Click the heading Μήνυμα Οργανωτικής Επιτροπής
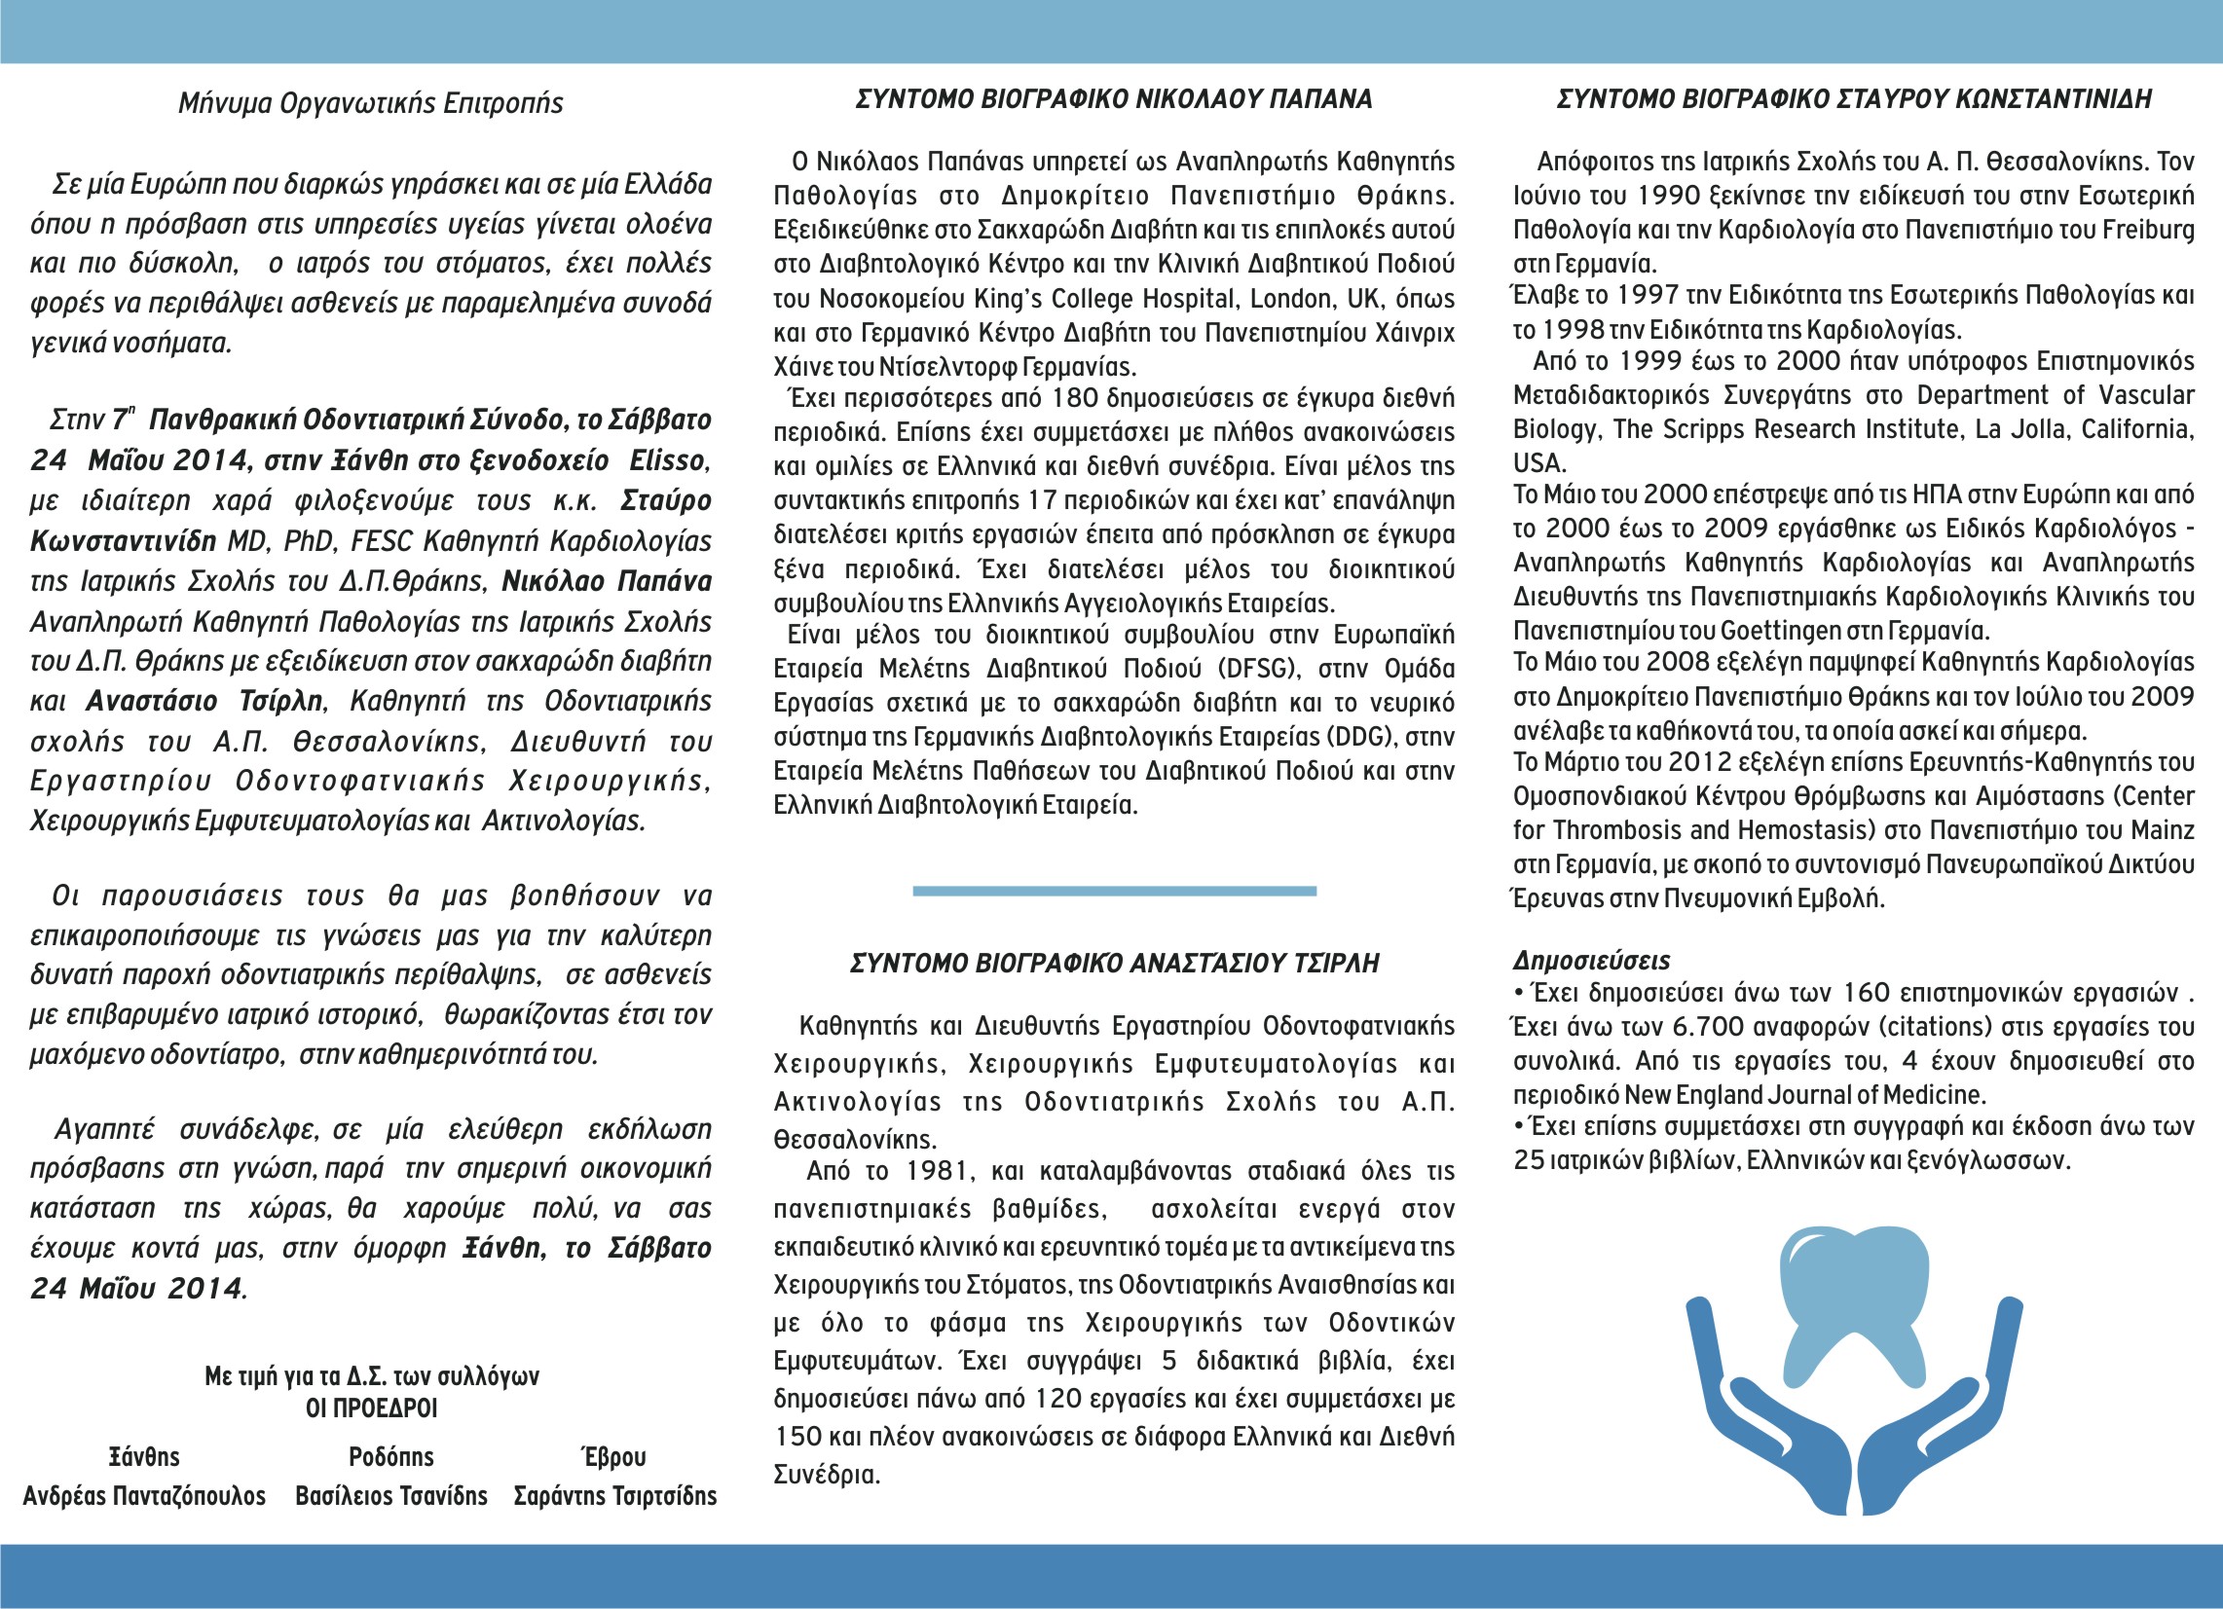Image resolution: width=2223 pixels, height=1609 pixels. (370, 103)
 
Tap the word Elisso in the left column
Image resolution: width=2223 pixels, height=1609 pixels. (666, 460)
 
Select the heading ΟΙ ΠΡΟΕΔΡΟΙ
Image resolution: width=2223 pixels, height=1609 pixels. (372, 1408)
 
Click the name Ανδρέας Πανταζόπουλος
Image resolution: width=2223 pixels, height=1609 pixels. (144, 1496)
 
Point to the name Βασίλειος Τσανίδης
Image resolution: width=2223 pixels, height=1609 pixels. (391, 1496)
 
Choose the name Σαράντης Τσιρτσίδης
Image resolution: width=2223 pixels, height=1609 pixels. (614, 1496)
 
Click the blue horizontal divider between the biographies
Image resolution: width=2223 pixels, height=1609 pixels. (1114, 891)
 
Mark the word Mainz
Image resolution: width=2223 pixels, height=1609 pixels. (2163, 831)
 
